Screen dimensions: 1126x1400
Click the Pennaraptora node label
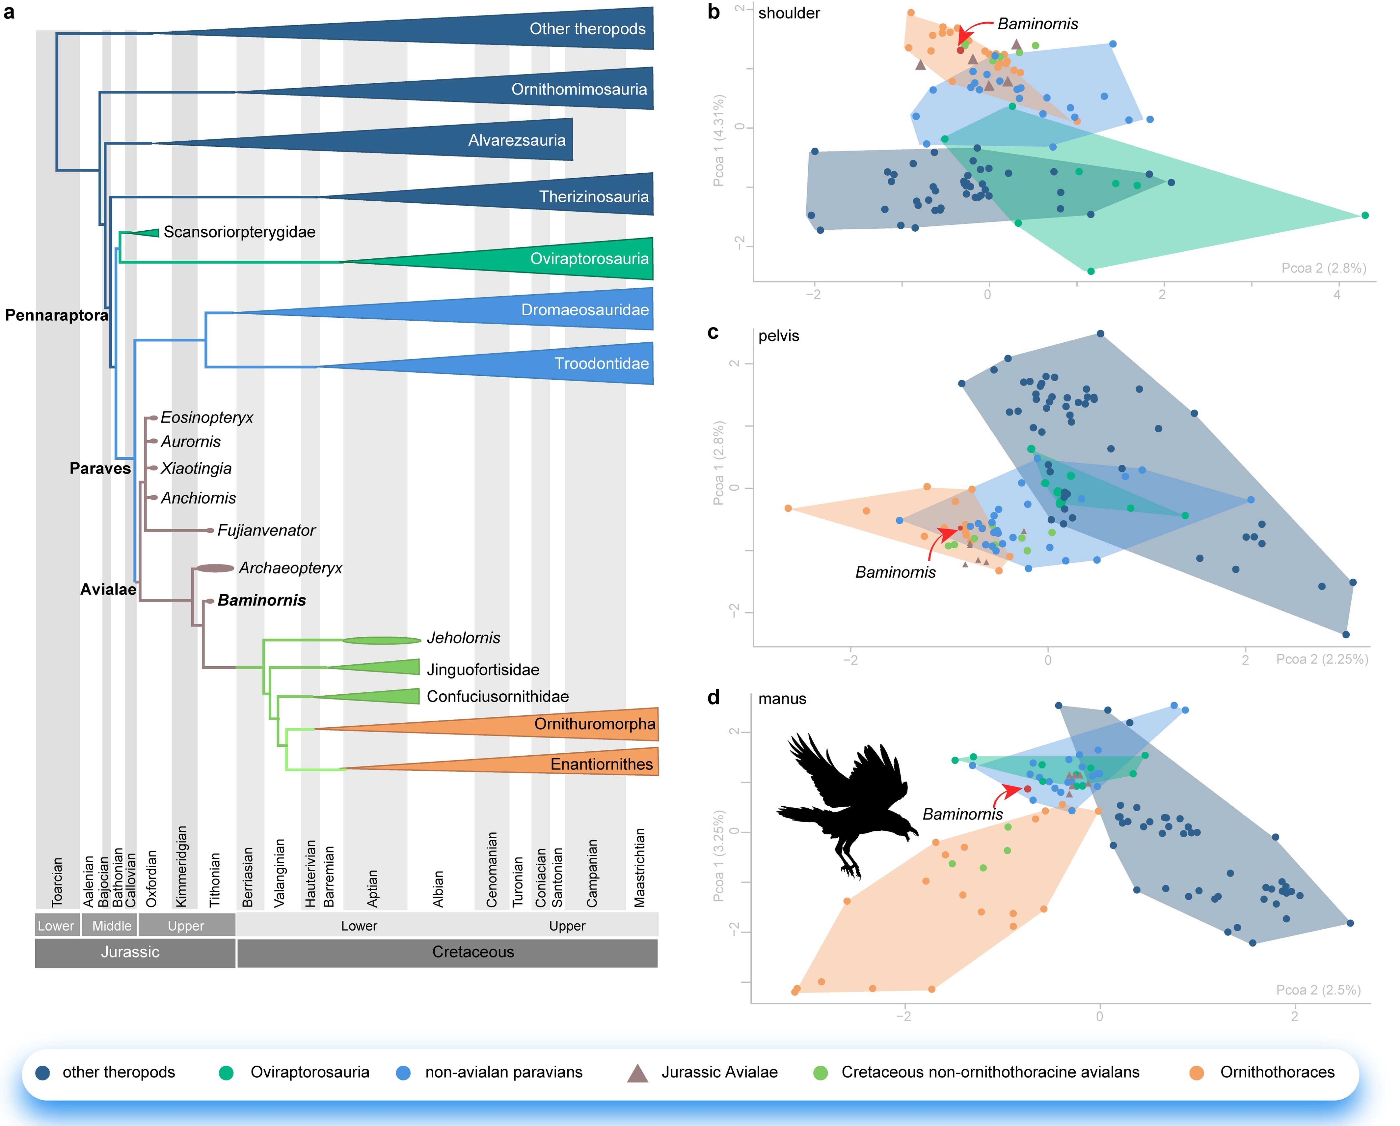tap(57, 316)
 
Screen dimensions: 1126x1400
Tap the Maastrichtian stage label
tap(640, 867)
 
